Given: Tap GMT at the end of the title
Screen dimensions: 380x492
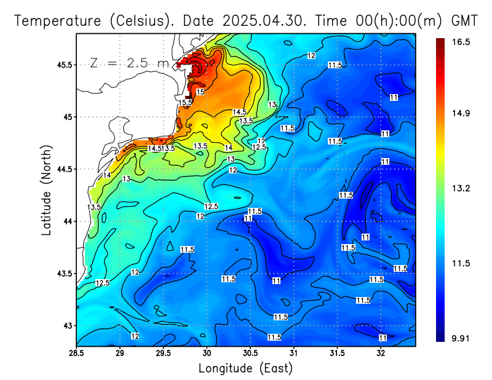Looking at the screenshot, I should coord(464,20).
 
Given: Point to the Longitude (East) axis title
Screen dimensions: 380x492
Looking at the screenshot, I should coord(245,368).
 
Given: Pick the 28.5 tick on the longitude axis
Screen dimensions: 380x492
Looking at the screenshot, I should coord(76,352).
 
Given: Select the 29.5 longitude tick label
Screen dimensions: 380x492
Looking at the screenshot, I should coord(163,352).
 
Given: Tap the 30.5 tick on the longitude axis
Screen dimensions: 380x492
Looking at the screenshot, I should coord(250,352).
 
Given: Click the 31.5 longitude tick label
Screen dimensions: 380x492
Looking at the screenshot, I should coord(337,352).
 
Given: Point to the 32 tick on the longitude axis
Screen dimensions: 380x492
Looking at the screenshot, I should coord(381,352).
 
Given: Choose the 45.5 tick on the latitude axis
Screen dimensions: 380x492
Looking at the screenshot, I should coord(63,65).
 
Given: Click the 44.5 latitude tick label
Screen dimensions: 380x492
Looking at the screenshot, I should coord(63,169).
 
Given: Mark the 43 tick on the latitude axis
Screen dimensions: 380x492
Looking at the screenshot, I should coord(67,325).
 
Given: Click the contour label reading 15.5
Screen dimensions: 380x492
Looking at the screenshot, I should coord(185,102).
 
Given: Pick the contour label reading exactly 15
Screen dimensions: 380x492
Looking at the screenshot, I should coord(200,92).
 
